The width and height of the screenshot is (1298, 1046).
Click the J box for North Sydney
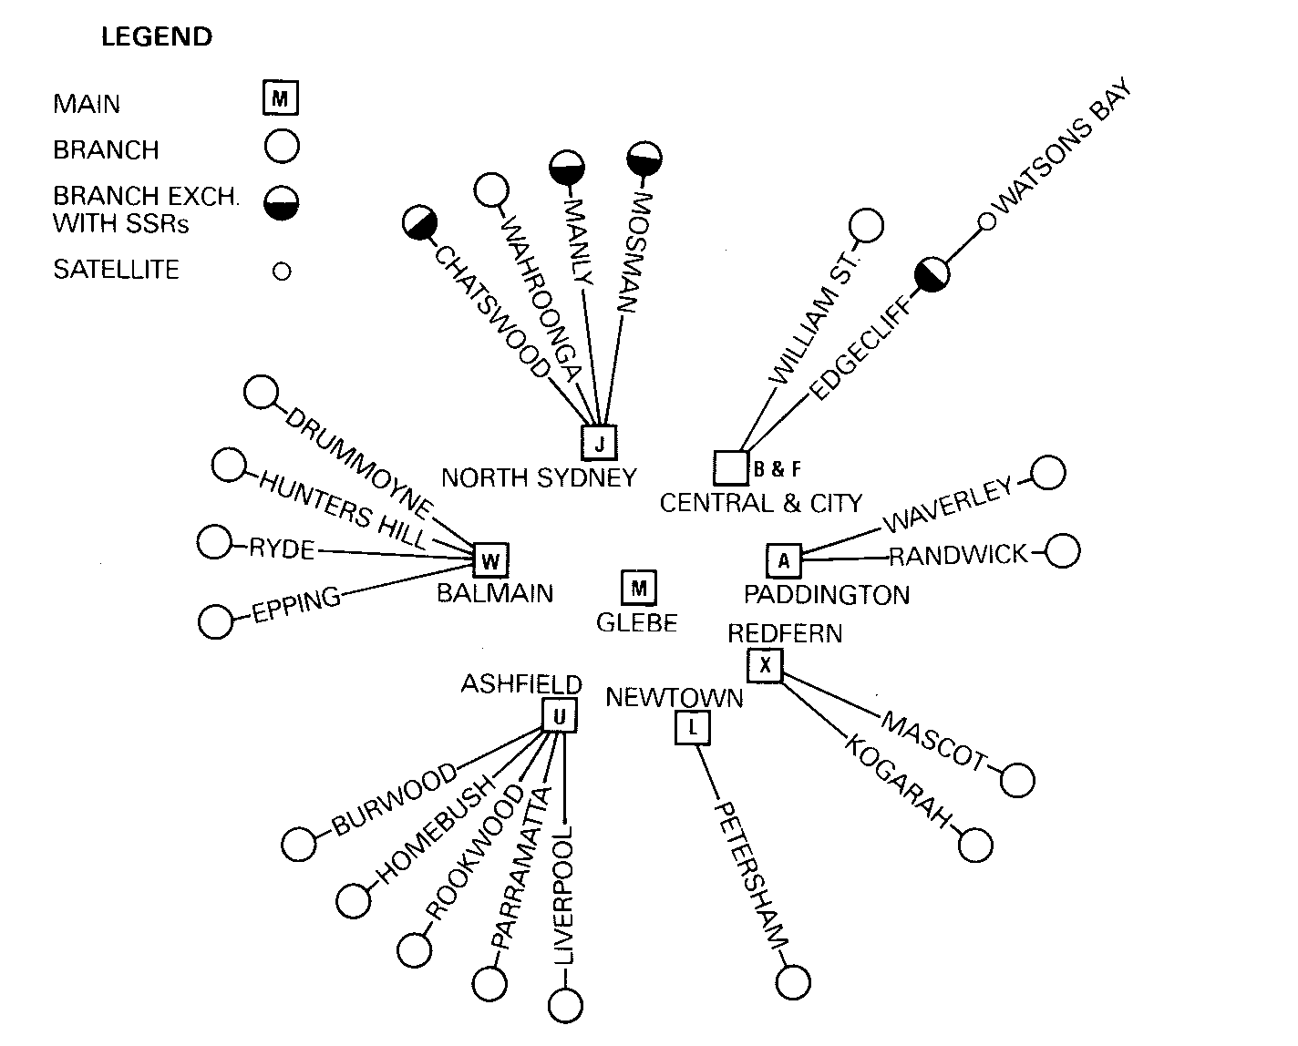click(599, 443)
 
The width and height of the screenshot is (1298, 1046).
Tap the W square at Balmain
click(490, 560)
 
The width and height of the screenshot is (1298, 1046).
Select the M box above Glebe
click(638, 588)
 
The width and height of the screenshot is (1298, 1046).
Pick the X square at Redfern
click(765, 665)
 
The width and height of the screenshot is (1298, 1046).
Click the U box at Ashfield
click(560, 716)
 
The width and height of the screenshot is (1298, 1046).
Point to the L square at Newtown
click(694, 727)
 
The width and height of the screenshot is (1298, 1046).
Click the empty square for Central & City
click(731, 467)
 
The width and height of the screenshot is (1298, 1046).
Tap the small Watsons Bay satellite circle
click(985, 221)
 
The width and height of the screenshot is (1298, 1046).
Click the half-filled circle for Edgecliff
click(932, 274)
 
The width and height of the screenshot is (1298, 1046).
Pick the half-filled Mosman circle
click(644, 159)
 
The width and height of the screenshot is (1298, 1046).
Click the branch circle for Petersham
click(793, 982)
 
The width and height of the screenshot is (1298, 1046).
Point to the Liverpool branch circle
click(565, 1007)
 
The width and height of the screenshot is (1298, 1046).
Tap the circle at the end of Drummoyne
click(262, 394)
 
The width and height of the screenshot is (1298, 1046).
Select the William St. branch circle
click(866, 226)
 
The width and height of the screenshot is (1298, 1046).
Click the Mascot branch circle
click(1017, 780)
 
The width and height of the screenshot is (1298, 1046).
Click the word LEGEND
click(157, 37)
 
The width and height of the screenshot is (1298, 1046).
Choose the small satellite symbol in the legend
click(282, 271)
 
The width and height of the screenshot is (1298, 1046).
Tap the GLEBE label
click(637, 623)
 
